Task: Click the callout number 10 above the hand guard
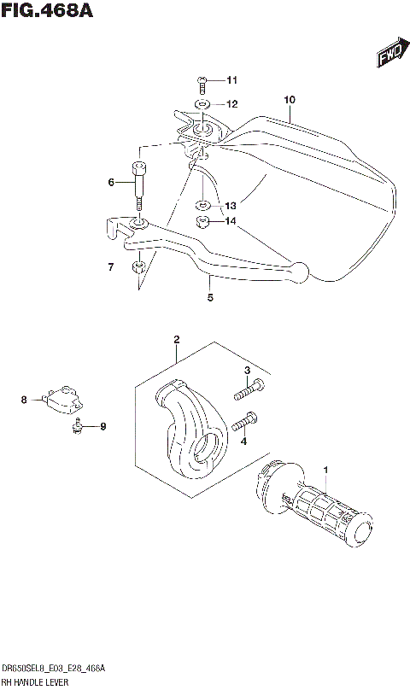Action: pos(290,100)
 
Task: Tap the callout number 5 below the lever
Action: pos(210,297)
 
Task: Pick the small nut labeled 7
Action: pos(138,270)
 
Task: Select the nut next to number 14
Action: pos(203,223)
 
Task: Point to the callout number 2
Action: pos(176,339)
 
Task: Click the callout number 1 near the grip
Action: pos(325,469)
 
